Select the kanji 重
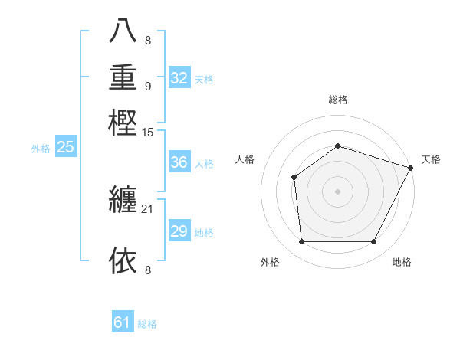pyautogui.click(x=123, y=77)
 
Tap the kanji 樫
pyautogui.click(x=123, y=122)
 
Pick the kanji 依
pyautogui.click(x=123, y=260)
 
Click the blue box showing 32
pyautogui.click(x=179, y=78)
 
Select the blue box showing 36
pyautogui.click(x=179, y=163)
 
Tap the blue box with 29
pyautogui.click(x=179, y=231)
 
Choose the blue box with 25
pyautogui.click(x=65, y=148)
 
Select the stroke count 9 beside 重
pyautogui.click(x=148, y=86)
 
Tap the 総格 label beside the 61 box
pyautogui.click(x=147, y=324)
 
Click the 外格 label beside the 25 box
pyautogui.click(x=41, y=149)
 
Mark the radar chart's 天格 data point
pyautogui.click(x=412, y=167)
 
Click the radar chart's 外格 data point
pyautogui.click(x=301, y=242)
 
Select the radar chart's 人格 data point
pyautogui.click(x=294, y=178)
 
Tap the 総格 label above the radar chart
pyautogui.click(x=338, y=100)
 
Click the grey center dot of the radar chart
pyautogui.click(x=337, y=191)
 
